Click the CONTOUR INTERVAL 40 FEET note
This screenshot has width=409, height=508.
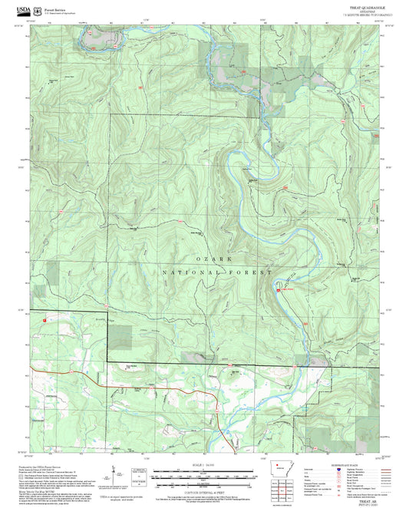tap(204, 489)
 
